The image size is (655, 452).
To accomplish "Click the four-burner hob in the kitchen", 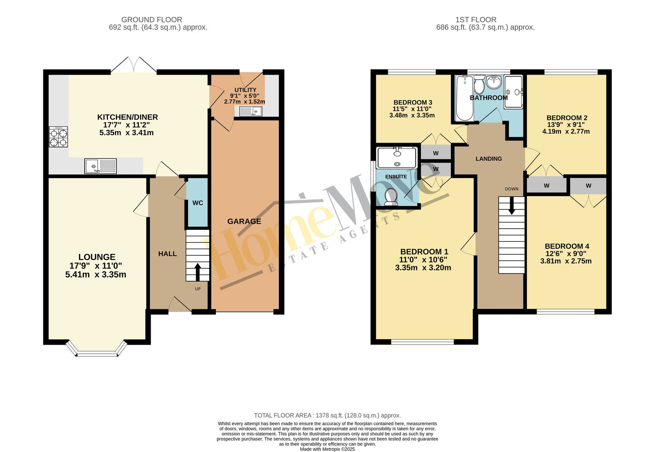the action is coord(58,137).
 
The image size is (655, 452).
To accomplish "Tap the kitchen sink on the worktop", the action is coord(101,166).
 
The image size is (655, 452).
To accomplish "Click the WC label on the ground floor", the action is coord(198,203).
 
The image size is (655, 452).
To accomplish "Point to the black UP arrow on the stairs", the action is coord(198,272).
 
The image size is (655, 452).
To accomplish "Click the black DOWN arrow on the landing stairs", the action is coord(512,205).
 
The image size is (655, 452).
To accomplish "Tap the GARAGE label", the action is coord(244,221).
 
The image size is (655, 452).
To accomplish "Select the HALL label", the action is coord(167,254).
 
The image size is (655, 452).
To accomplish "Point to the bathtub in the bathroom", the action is coord(465,98).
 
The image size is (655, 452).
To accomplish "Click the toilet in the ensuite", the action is coord(391,197).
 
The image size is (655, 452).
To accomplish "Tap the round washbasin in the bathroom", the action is coord(494,82).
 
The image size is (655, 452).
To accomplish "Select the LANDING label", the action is coord(489,159).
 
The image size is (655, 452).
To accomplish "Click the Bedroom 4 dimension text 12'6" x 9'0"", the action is coord(566,254).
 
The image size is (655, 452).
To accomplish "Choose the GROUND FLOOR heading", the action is coord(152,20).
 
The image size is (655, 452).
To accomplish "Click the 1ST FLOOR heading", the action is coord(476,20).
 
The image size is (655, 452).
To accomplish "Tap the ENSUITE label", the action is coord(396,177).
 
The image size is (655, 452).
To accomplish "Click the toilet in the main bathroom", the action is coord(479,85).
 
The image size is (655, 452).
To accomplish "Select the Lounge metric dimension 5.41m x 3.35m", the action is coord(96,275).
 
